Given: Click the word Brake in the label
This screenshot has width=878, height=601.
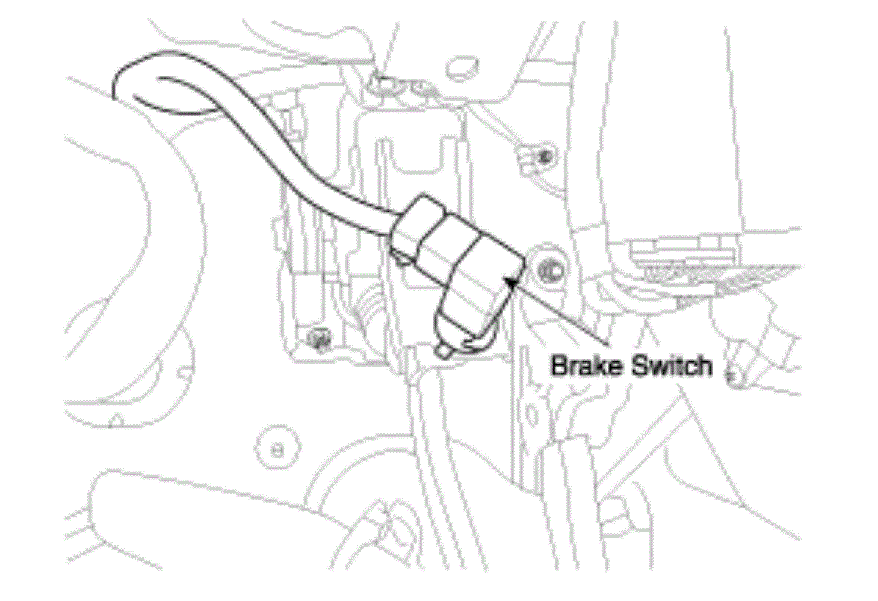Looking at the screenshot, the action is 587,367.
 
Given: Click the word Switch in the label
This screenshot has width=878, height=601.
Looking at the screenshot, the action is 672,367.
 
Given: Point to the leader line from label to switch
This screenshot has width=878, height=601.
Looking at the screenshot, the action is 561,310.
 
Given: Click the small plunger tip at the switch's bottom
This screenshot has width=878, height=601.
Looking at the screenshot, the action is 445,351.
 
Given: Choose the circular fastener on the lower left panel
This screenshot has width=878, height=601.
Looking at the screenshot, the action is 277,449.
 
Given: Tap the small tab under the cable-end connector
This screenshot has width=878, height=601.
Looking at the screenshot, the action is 400,258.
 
